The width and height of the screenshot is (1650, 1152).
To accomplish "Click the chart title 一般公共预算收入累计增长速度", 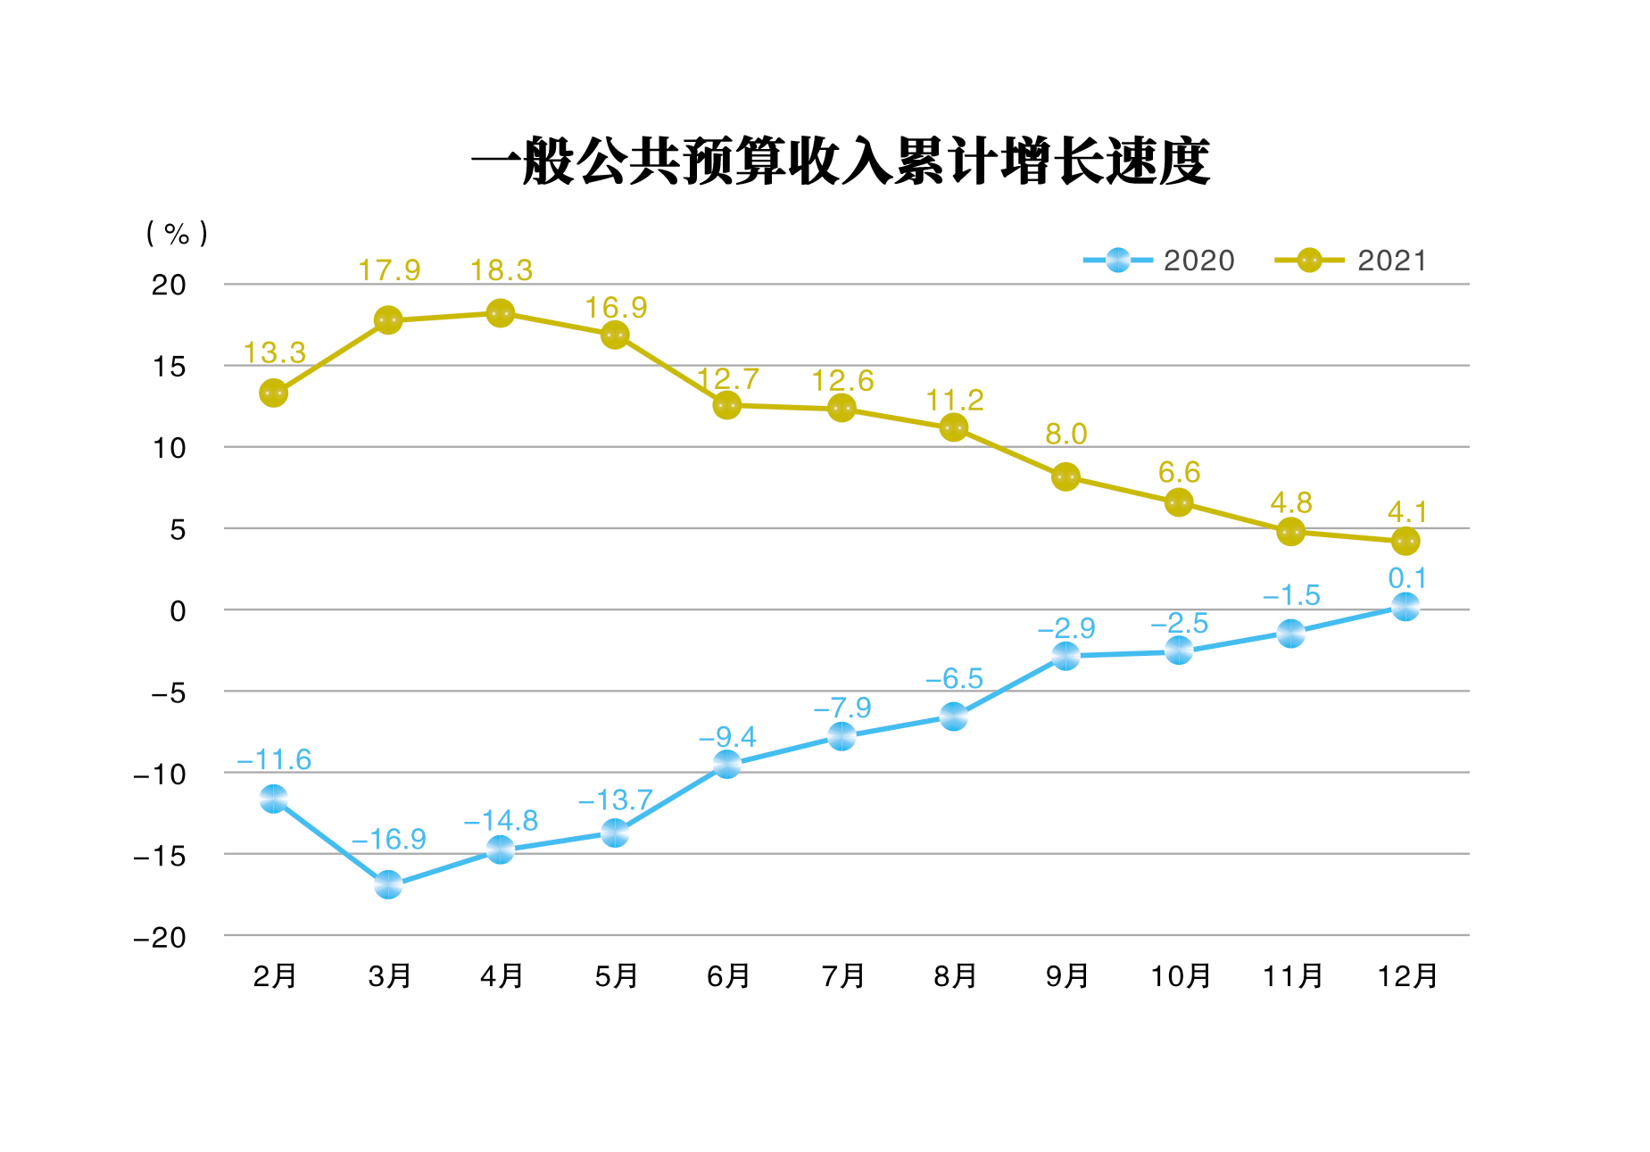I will [840, 162].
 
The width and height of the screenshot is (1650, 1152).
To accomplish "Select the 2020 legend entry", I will [1160, 261].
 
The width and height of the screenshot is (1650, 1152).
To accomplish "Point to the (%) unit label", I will [177, 234].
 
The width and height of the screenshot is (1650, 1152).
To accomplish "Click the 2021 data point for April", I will [500, 313].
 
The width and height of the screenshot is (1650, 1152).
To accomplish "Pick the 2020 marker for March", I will [387, 885].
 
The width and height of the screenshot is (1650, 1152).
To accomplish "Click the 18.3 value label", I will [501, 270].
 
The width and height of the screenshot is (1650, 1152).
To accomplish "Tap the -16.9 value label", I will [388, 839].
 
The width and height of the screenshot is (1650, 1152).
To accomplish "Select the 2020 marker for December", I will [1405, 607].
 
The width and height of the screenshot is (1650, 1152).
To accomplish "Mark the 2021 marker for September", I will [1065, 477].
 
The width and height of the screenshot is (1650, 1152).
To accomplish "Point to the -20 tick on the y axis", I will [160, 938].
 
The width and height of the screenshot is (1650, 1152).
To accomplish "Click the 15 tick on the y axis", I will [169, 367].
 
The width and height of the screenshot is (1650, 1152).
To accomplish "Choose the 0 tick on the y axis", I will [178, 611].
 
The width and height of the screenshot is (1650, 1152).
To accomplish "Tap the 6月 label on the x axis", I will [728, 976].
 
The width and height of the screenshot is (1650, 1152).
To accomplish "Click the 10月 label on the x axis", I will [1180, 976].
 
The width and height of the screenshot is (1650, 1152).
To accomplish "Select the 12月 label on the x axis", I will [1406, 976].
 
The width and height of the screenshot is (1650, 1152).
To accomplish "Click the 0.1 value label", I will [1406, 578].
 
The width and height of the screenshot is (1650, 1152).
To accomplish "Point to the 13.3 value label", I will [274, 353].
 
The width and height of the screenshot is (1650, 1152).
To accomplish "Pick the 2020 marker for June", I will [726, 764].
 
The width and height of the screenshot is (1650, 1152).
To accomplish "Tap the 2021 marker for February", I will [273, 393].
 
